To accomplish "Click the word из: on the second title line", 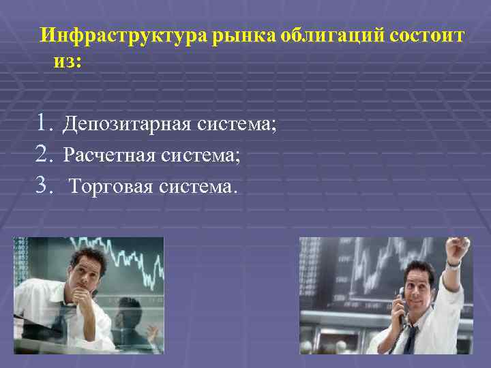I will point(68,61).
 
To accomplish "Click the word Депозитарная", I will point(128,125).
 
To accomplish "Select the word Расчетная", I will point(110,155).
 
